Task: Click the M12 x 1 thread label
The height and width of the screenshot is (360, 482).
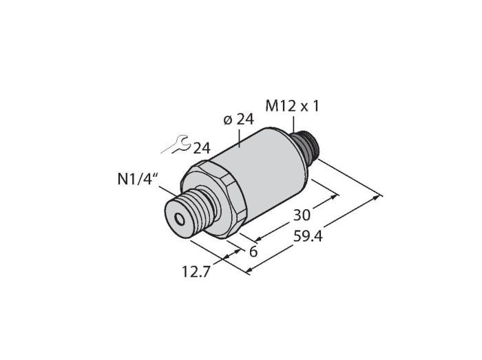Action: pyautogui.click(x=293, y=106)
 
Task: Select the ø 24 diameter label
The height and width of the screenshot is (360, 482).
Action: pyautogui.click(x=238, y=120)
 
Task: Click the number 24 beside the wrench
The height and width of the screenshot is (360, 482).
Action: pyautogui.click(x=202, y=149)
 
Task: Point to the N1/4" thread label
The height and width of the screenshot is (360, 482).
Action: pyautogui.click(x=135, y=179)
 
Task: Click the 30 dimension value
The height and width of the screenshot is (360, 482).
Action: pyautogui.click(x=302, y=215)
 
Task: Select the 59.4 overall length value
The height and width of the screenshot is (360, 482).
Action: pyautogui.click(x=308, y=237)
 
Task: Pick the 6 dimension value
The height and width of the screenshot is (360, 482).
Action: pyautogui.click(x=253, y=252)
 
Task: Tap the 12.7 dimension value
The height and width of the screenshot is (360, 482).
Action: pyautogui.click(x=196, y=271)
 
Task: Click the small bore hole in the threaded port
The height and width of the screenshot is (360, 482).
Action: pyautogui.click(x=179, y=219)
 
